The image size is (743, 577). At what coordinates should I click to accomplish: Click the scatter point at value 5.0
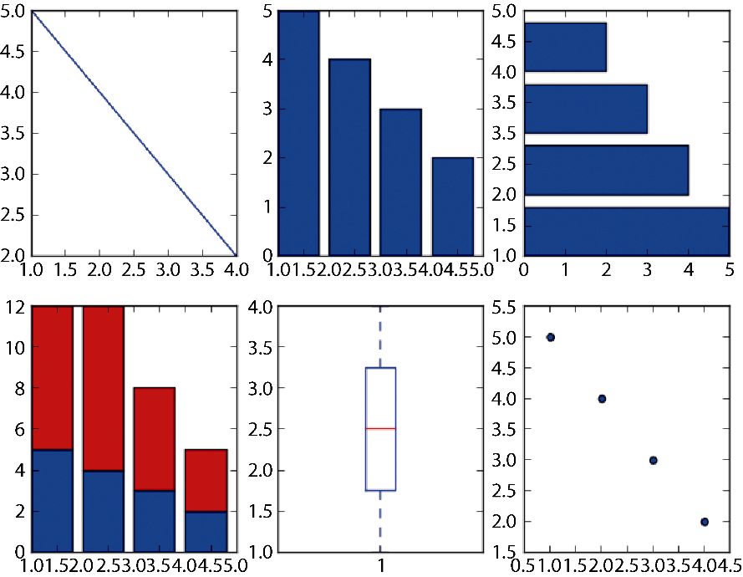(x=550, y=337)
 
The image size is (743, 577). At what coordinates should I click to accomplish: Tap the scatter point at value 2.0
(x=705, y=522)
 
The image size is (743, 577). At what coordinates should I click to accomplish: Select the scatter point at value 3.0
(x=653, y=460)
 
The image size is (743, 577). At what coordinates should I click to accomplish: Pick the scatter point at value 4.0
(x=602, y=399)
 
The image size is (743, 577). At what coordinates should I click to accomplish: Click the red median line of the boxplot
(x=380, y=428)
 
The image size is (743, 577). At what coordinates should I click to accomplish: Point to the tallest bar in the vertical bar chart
(x=298, y=134)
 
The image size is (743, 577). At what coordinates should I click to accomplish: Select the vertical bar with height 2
(x=452, y=206)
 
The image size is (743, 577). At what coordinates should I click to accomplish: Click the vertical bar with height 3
(x=401, y=182)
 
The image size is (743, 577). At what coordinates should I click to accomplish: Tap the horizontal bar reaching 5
(x=627, y=231)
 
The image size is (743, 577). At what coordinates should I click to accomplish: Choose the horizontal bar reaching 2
(x=565, y=47)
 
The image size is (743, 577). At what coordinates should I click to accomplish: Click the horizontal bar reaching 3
(x=586, y=109)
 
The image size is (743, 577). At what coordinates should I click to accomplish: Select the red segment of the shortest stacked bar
(x=206, y=480)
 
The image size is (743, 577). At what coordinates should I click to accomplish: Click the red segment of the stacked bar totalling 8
(x=154, y=439)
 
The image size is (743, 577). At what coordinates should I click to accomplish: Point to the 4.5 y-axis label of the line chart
(x=13, y=52)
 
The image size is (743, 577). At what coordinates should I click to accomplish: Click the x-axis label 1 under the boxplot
(x=381, y=564)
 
